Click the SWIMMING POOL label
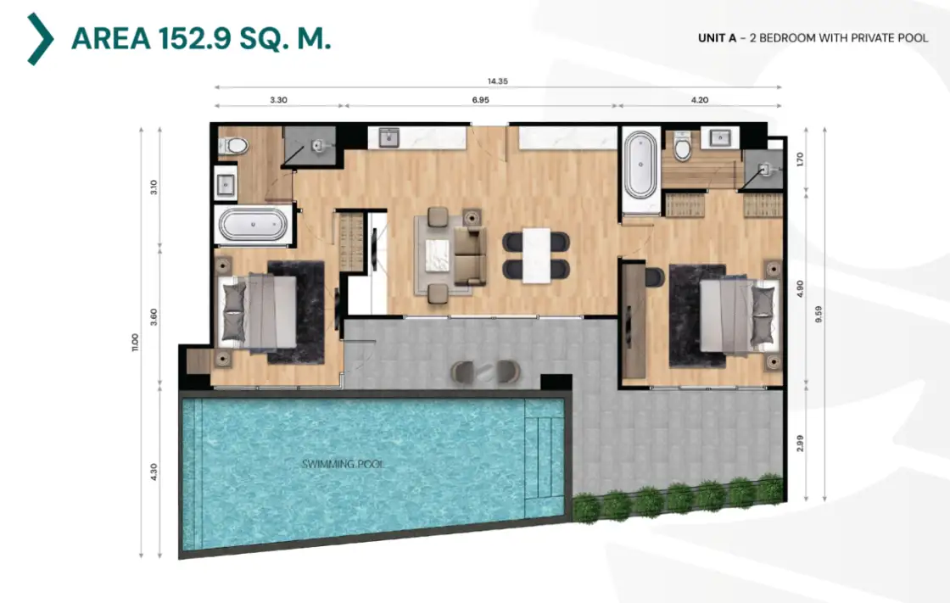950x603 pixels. point(343,464)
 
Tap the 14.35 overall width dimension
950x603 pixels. point(497,81)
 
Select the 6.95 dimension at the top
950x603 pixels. point(480,100)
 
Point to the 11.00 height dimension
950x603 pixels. point(135,343)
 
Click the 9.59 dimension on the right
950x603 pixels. point(819,314)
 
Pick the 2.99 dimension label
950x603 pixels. point(800,443)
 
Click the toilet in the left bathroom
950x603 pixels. point(234,145)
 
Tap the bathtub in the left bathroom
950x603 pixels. point(254,224)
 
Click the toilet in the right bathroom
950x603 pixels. point(683,146)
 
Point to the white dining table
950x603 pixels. point(537,255)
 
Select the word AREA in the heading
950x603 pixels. point(111,39)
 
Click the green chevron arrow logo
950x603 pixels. point(40,39)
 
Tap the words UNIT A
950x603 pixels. point(717,38)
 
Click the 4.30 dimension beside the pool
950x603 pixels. point(154,472)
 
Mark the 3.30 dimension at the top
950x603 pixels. point(279,100)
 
